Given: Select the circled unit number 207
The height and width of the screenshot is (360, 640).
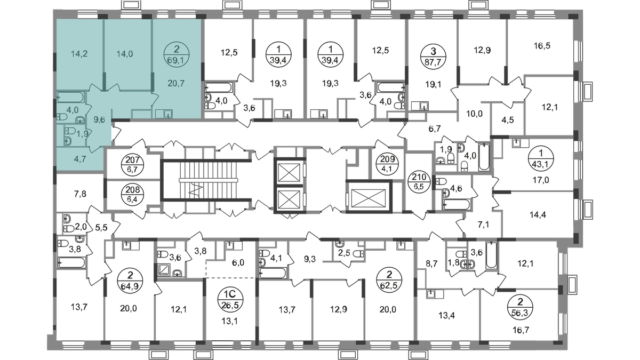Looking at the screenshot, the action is click(x=133, y=164).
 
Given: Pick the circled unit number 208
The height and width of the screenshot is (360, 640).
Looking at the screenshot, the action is click(x=133, y=195).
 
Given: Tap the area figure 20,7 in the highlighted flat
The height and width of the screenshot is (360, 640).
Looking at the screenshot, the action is click(x=177, y=83).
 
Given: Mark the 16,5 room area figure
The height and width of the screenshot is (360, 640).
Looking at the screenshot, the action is click(x=542, y=46).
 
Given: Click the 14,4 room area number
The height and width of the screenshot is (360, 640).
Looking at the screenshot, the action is click(x=538, y=214).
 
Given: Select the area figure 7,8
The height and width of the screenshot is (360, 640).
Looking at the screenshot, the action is click(x=80, y=194).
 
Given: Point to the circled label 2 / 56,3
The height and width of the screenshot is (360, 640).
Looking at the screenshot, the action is click(x=521, y=307).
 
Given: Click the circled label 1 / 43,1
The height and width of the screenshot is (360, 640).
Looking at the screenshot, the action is click(x=541, y=158).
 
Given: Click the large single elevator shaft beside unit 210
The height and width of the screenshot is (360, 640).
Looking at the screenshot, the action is click(x=369, y=197).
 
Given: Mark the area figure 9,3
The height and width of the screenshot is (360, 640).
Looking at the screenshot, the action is click(x=310, y=260).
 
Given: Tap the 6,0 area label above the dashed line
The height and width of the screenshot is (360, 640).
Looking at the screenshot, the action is click(x=238, y=262).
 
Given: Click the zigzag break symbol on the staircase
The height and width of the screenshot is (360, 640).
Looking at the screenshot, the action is click(x=197, y=190).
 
